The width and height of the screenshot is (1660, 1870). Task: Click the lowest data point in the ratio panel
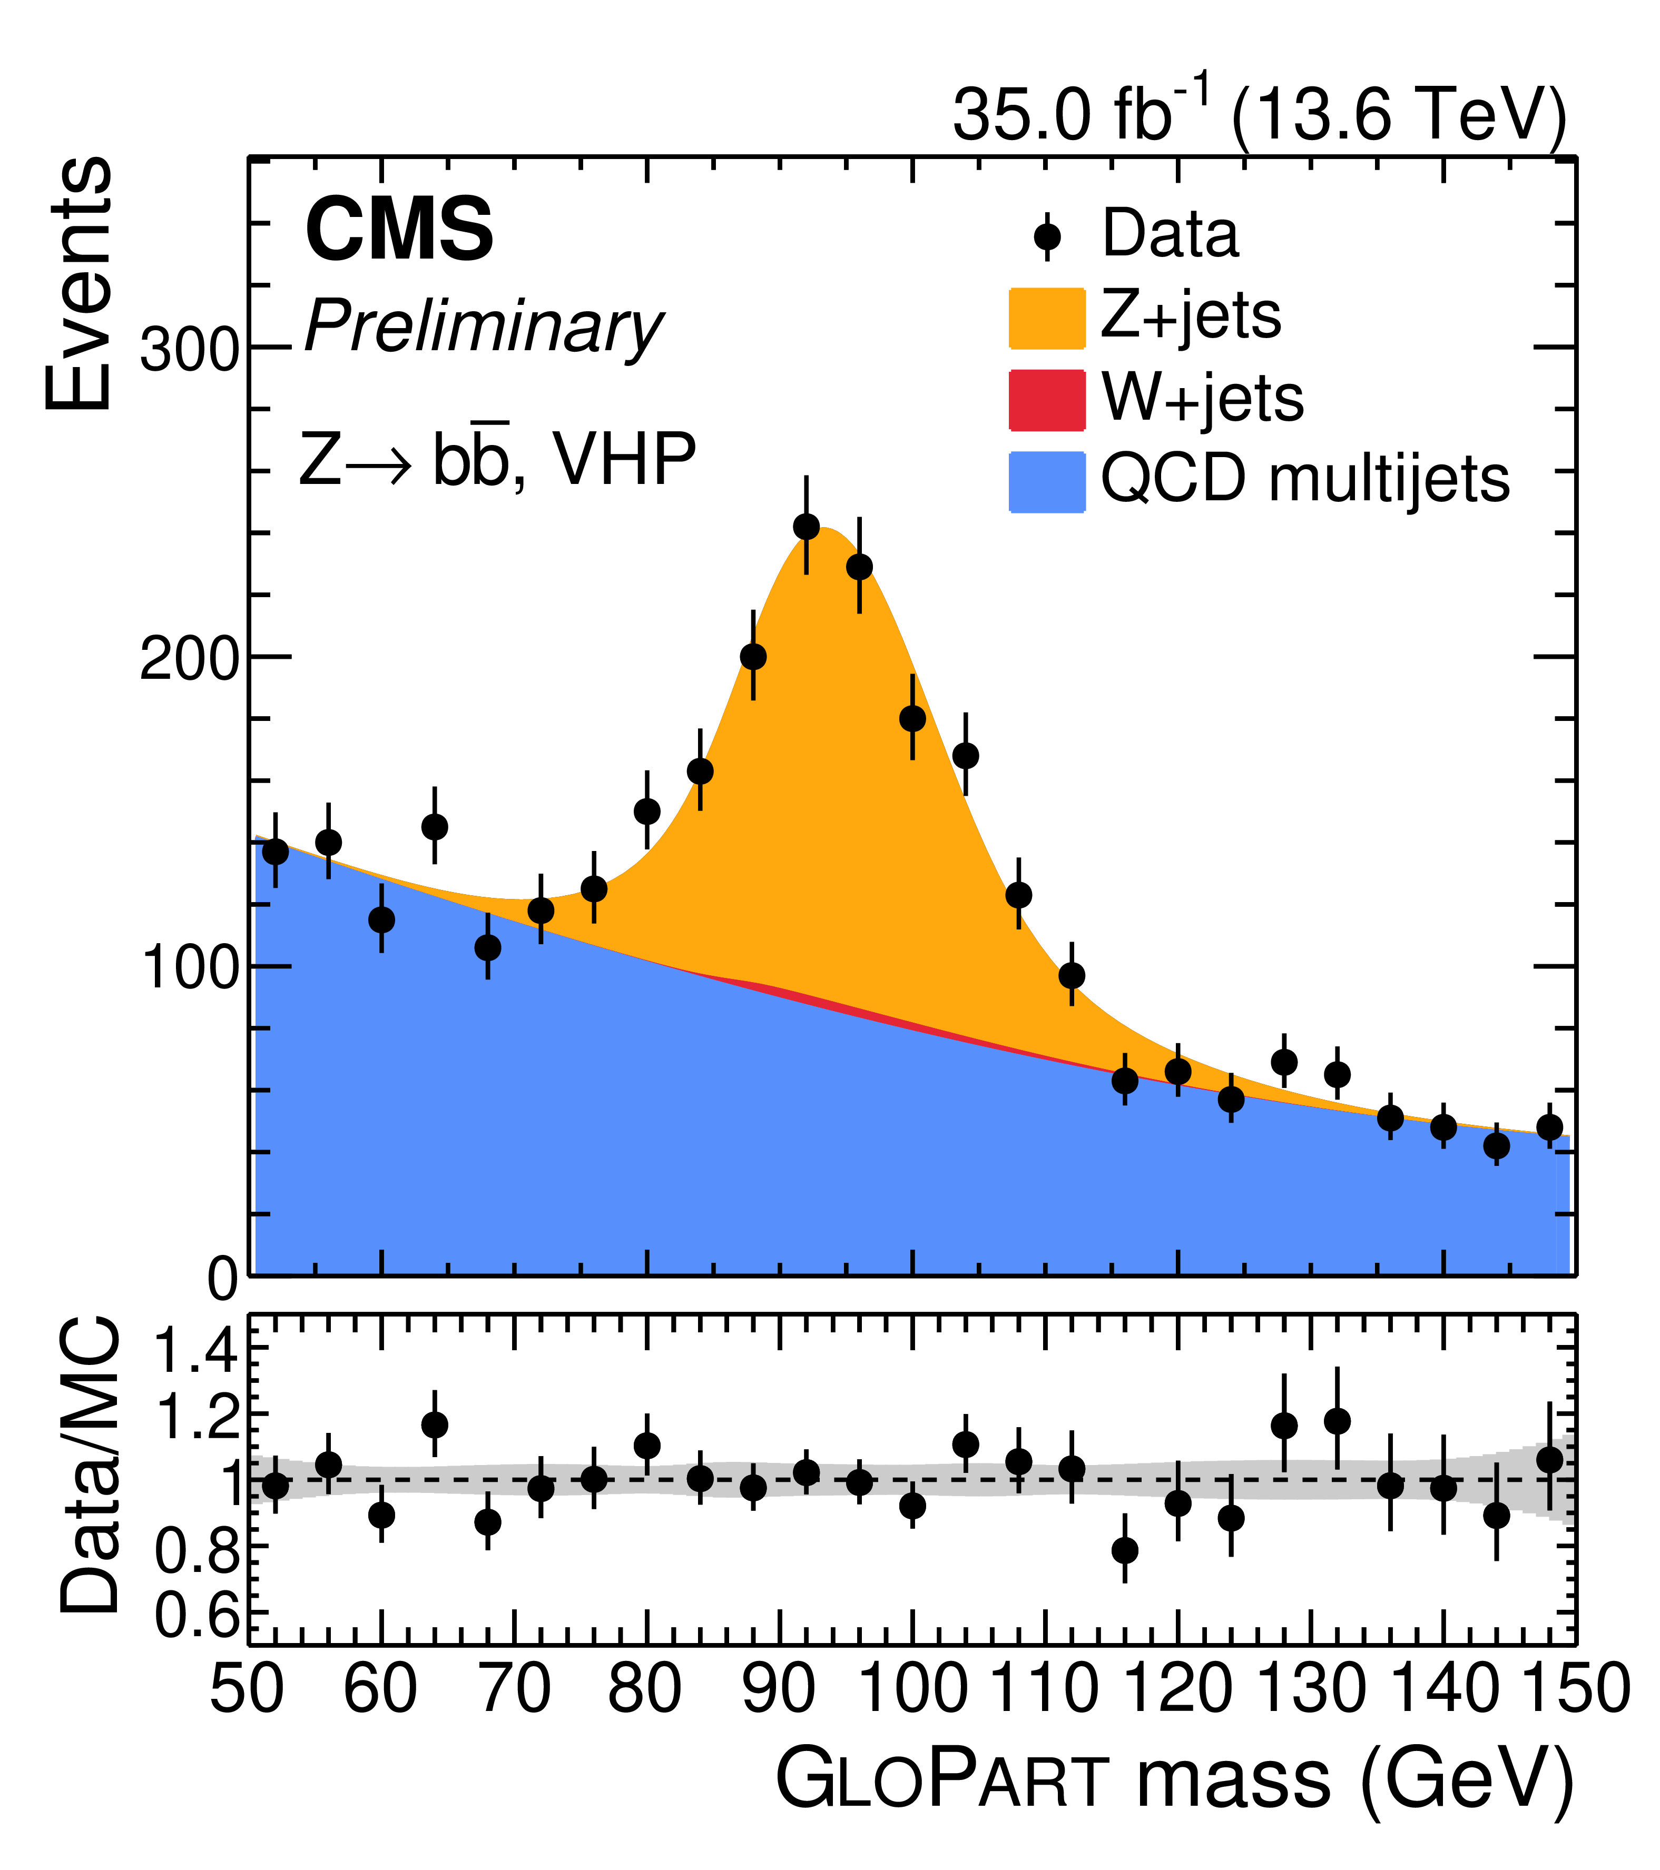tap(1125, 1550)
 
